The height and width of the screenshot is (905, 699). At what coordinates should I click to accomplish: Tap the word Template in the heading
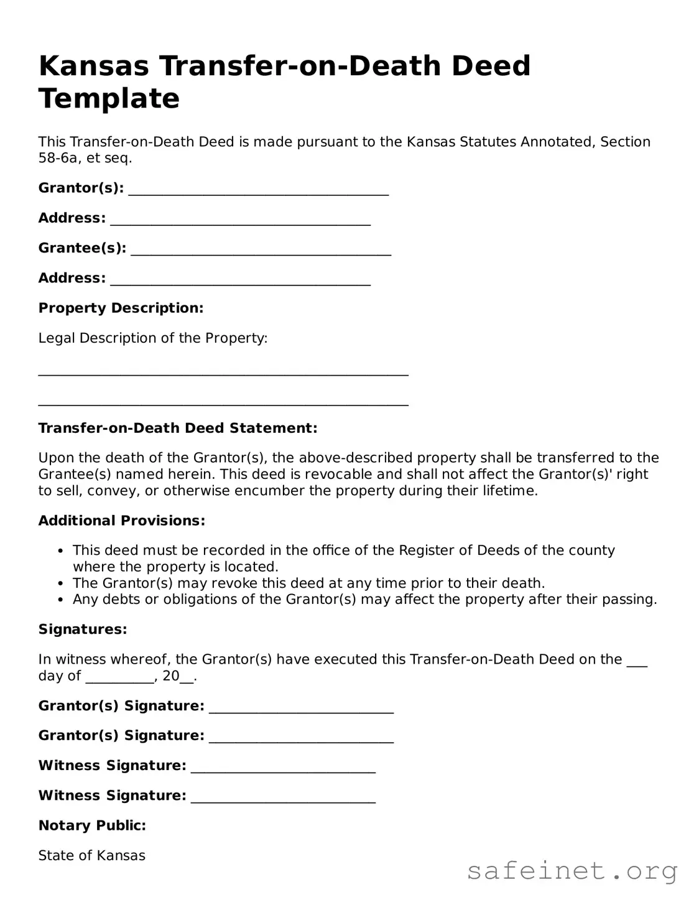pos(109,98)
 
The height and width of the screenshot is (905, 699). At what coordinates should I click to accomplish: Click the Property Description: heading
pos(121,308)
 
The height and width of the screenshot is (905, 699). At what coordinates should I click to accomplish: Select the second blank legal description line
pos(223,403)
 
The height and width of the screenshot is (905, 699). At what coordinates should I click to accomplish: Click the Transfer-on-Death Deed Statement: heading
pos(178,428)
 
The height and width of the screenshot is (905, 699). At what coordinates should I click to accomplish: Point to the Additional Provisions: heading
pos(122,521)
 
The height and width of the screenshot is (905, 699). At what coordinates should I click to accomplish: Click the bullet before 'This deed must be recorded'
pos(60,551)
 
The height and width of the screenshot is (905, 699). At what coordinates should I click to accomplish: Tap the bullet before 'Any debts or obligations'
pos(60,600)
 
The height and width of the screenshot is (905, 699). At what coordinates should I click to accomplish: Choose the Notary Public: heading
pos(92,825)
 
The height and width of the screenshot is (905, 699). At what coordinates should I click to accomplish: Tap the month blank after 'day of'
pos(119,680)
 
